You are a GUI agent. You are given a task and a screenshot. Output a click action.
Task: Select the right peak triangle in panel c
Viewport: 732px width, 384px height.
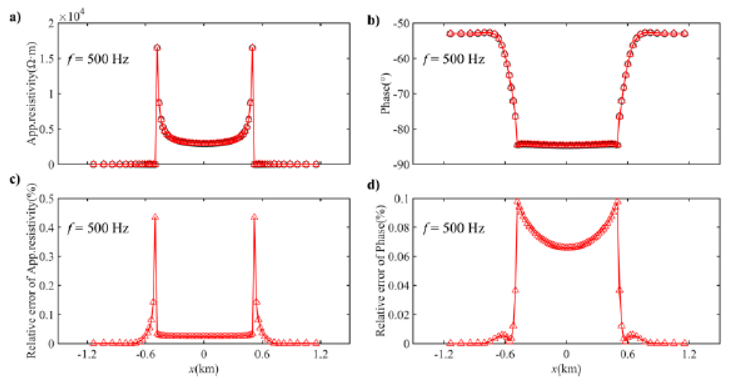tap(254, 217)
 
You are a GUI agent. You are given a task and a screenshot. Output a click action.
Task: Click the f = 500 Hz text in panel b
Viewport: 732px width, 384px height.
tap(454, 59)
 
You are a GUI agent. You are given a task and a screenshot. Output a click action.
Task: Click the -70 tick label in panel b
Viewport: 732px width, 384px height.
tap(401, 94)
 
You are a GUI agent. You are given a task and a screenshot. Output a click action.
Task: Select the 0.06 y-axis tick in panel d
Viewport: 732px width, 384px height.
tap(399, 257)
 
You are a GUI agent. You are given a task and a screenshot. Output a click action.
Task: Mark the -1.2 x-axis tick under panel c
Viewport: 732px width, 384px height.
tap(87, 354)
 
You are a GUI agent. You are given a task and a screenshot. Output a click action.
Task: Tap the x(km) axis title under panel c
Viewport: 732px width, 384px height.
tap(204, 369)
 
